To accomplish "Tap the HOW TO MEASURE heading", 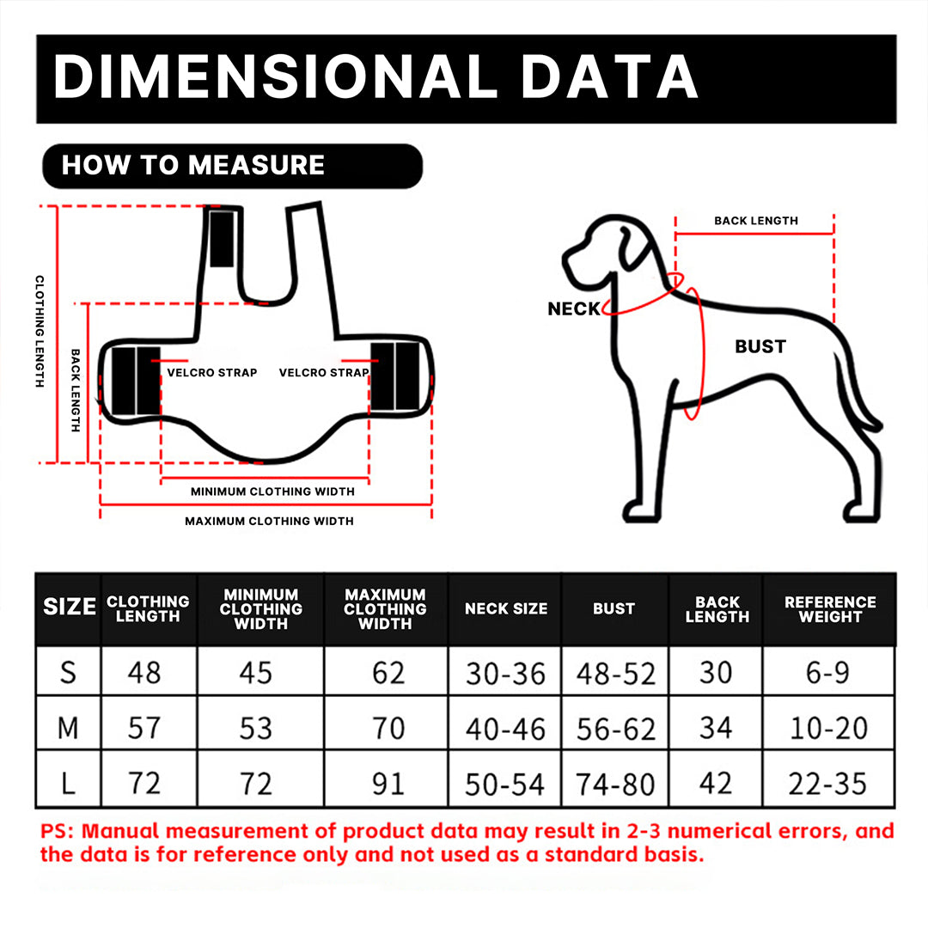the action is click(x=193, y=165).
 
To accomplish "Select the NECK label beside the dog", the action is click(x=574, y=309).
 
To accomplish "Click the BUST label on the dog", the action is click(x=760, y=346).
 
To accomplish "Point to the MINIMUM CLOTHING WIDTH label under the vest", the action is click(x=272, y=491).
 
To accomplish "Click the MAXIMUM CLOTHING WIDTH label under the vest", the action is click(x=269, y=521).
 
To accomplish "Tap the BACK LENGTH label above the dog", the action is click(x=756, y=221).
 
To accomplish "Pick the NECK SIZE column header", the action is click(x=506, y=608).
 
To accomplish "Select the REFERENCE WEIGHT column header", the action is click(x=830, y=609).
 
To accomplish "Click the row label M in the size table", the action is click(x=68, y=728).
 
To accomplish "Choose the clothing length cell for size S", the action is click(x=144, y=672).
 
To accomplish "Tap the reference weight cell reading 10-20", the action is click(x=828, y=728).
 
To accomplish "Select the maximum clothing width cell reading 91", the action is click(x=388, y=784).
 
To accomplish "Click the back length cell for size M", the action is click(x=716, y=728).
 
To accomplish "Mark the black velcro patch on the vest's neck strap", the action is click(x=222, y=239).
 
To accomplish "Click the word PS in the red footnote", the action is click(x=53, y=832).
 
